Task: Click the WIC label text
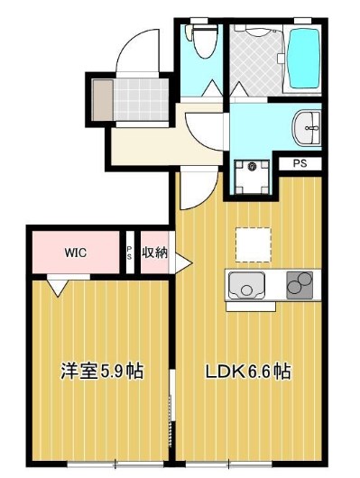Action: [75, 253]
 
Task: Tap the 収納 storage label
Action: [153, 253]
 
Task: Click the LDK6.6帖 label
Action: [247, 371]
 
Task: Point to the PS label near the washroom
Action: [299, 165]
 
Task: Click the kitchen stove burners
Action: [298, 286]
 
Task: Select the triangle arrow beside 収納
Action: [182, 262]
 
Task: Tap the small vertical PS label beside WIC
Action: [129, 252]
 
